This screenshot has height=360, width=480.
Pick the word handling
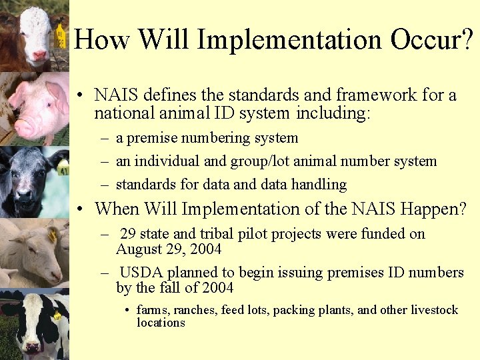(315, 184)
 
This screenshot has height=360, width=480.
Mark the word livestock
(434, 310)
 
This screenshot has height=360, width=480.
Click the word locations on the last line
(161, 323)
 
